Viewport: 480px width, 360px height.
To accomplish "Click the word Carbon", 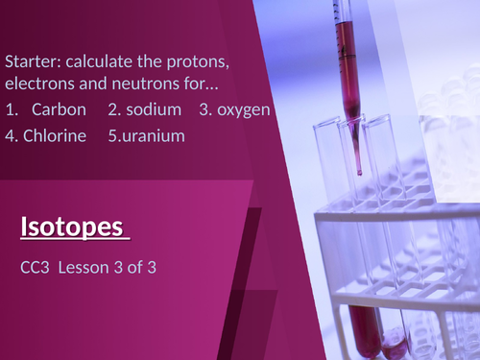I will pyautogui.click(x=59, y=109).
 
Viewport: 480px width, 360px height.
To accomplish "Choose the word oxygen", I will pyautogui.click(x=244, y=109).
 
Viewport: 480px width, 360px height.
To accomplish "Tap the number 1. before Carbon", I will pyautogui.click(x=10, y=109).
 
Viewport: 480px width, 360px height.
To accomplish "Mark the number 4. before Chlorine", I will pyautogui.click(x=11, y=134).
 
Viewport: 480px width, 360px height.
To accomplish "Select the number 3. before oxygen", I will pyautogui.click(x=205, y=109).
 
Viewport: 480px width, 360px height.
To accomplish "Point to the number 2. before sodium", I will pyautogui.click(x=114, y=109).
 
